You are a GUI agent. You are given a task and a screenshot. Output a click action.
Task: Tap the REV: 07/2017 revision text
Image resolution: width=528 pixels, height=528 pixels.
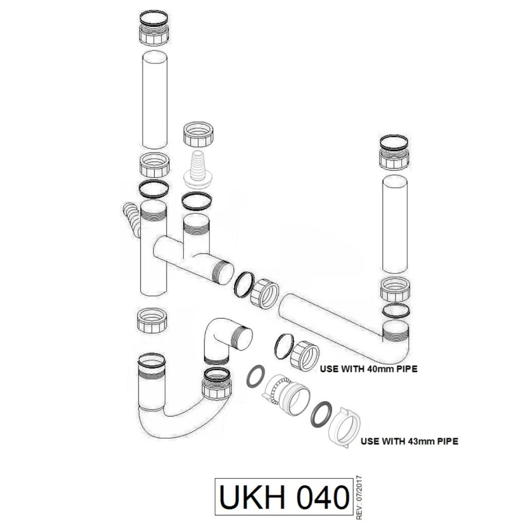tap(359, 497)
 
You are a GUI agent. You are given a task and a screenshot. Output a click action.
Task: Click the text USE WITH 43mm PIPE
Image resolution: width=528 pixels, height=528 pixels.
tap(409, 441)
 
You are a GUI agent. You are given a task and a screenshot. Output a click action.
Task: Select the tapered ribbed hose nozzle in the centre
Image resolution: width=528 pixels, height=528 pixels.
tap(198, 166)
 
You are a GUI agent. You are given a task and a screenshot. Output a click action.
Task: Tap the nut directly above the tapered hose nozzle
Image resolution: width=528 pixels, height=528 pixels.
tap(198, 136)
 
